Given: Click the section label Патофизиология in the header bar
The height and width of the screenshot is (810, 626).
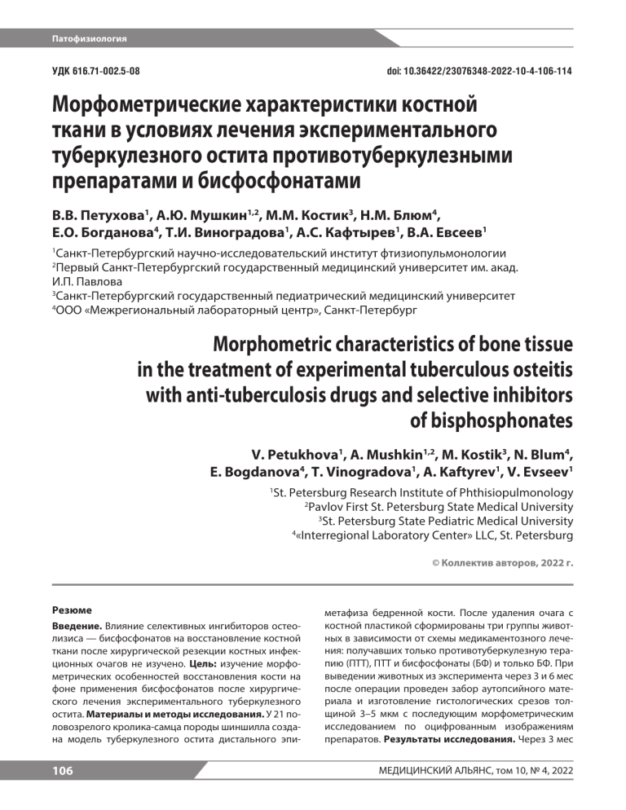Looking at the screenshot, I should point(89,38).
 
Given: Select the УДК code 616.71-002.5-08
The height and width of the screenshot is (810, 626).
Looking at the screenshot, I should point(111,73).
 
